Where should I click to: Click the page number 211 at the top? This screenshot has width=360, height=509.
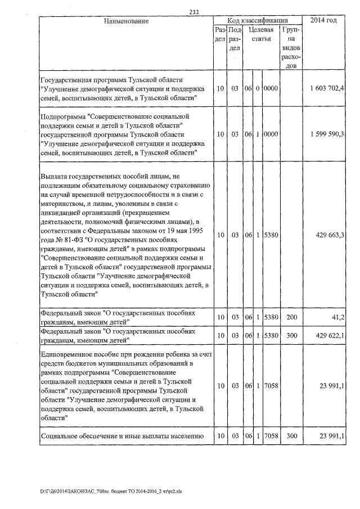pos(195,12)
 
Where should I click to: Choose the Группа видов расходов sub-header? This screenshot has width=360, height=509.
pos(291,48)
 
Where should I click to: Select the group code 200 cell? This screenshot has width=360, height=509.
pos(291,318)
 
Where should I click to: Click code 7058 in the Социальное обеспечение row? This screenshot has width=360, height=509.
pos(272,436)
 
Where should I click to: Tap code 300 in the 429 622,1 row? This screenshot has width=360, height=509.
pos(291,336)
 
